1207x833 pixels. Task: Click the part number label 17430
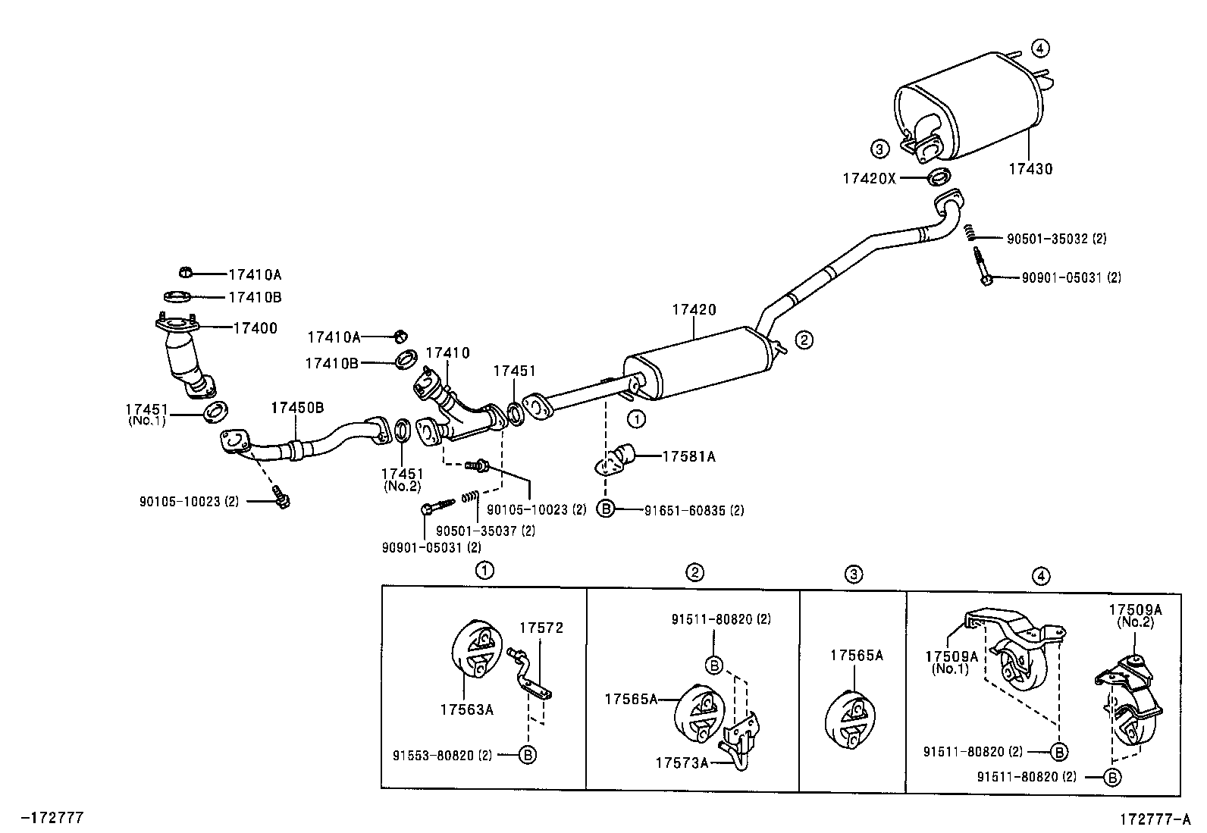coord(1030,169)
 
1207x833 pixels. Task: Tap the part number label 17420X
coord(869,179)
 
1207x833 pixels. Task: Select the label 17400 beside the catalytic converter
coord(255,328)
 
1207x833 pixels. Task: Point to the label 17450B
coord(297,408)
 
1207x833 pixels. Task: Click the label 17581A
coord(688,456)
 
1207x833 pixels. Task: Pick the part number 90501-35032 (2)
coord(1056,239)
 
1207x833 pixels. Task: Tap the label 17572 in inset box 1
coord(541,628)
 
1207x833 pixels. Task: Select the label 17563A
coord(466,709)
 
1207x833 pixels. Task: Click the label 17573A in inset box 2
coord(681,763)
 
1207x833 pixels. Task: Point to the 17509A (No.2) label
coord(1135,615)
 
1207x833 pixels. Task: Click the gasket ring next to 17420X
coord(939,179)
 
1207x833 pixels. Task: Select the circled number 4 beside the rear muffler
coord(1040,48)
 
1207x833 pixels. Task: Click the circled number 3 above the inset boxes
coord(854,575)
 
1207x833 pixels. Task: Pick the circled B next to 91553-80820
coord(528,754)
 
